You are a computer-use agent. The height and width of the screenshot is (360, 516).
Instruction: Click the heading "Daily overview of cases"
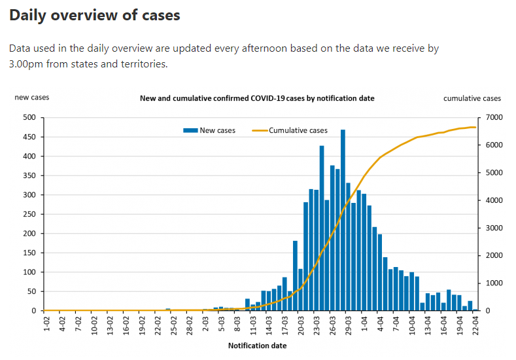click(95, 15)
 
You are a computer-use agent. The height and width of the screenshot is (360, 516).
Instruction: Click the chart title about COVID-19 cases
click(257, 98)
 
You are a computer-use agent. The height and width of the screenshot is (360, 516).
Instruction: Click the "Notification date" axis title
click(257, 345)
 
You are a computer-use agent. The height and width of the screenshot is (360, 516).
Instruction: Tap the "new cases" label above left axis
click(32, 98)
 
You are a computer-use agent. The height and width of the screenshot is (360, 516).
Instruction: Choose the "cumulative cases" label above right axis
click(472, 98)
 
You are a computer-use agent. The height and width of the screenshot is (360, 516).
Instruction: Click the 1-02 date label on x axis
click(46, 324)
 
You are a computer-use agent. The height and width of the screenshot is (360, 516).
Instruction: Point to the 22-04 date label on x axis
click(475, 325)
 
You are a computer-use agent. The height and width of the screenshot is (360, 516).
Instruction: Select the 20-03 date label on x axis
click(300, 325)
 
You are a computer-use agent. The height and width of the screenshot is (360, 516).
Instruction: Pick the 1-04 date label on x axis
click(364, 324)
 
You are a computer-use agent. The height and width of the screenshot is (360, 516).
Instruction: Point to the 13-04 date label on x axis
click(427, 325)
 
